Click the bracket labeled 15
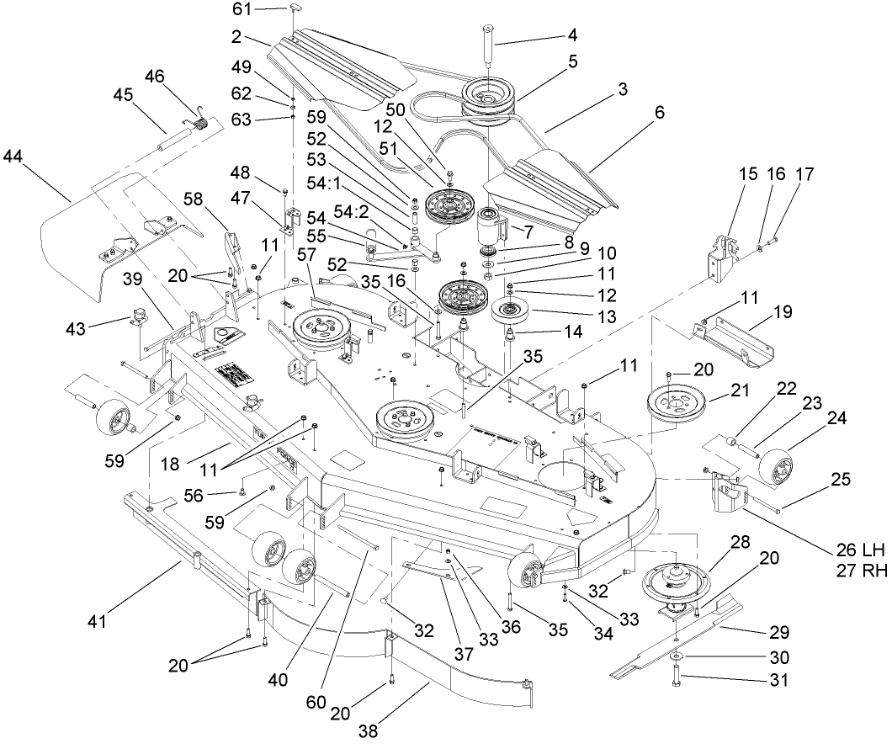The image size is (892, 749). (720, 254)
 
